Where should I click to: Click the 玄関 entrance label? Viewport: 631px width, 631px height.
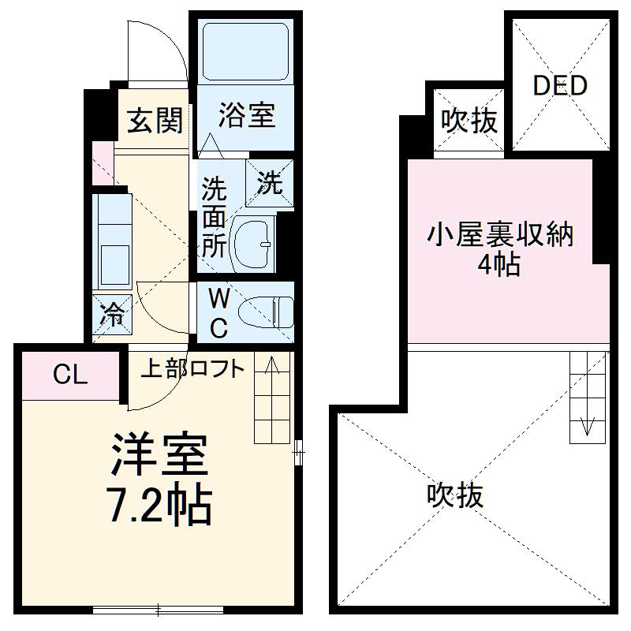pyautogui.click(x=155, y=121)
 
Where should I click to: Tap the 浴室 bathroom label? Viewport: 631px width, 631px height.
pyautogui.click(x=247, y=115)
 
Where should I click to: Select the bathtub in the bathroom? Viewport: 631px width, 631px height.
pyautogui.click(x=245, y=48)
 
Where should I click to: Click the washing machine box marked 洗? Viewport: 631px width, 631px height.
pyautogui.click(x=270, y=184)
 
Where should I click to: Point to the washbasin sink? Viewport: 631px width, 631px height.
pyautogui.click(x=256, y=240)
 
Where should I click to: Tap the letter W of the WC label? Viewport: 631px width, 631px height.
pyautogui.click(x=219, y=299)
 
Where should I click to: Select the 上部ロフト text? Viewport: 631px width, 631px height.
pyautogui.click(x=192, y=368)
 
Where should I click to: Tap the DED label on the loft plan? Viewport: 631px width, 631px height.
pyautogui.click(x=560, y=85)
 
